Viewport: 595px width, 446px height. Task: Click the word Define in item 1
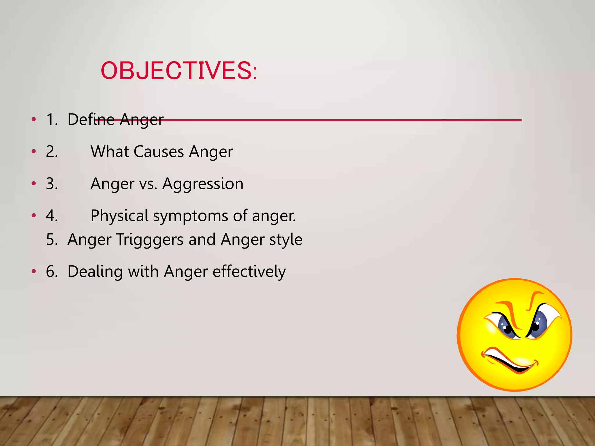coord(91,119)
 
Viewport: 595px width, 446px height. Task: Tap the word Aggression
coord(203,184)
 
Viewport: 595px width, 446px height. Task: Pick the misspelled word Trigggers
coord(150,240)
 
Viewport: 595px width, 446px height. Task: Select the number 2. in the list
coord(52,152)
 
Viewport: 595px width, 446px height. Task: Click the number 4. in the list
coord(52,216)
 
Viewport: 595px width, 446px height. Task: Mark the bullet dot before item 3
coord(34,184)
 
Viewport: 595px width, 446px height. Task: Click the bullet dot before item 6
coord(34,271)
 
